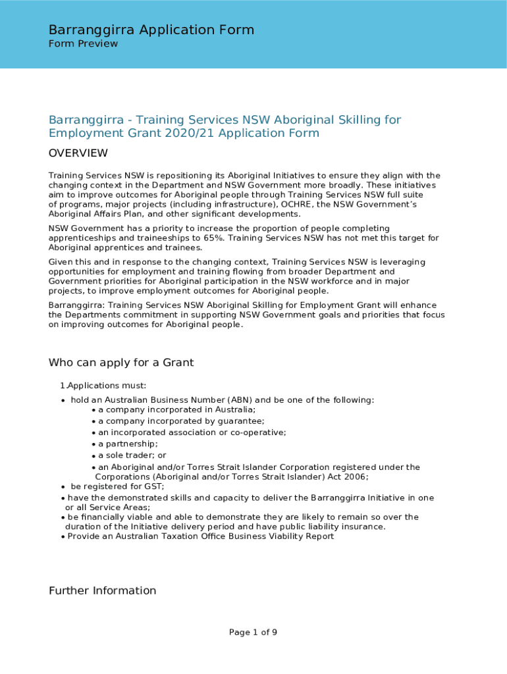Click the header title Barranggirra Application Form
coord(151,30)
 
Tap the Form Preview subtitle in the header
coord(83,44)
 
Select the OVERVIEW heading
coord(78,153)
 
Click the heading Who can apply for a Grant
coord(121,363)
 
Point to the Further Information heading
coord(102,590)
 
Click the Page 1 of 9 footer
coord(253,633)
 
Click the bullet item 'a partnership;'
coord(128,444)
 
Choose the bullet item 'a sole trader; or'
coord(132,455)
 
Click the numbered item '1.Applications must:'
coord(103,386)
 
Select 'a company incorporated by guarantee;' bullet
coord(181,421)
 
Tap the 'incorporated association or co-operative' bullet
coord(192,432)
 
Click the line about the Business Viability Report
coord(200,536)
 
